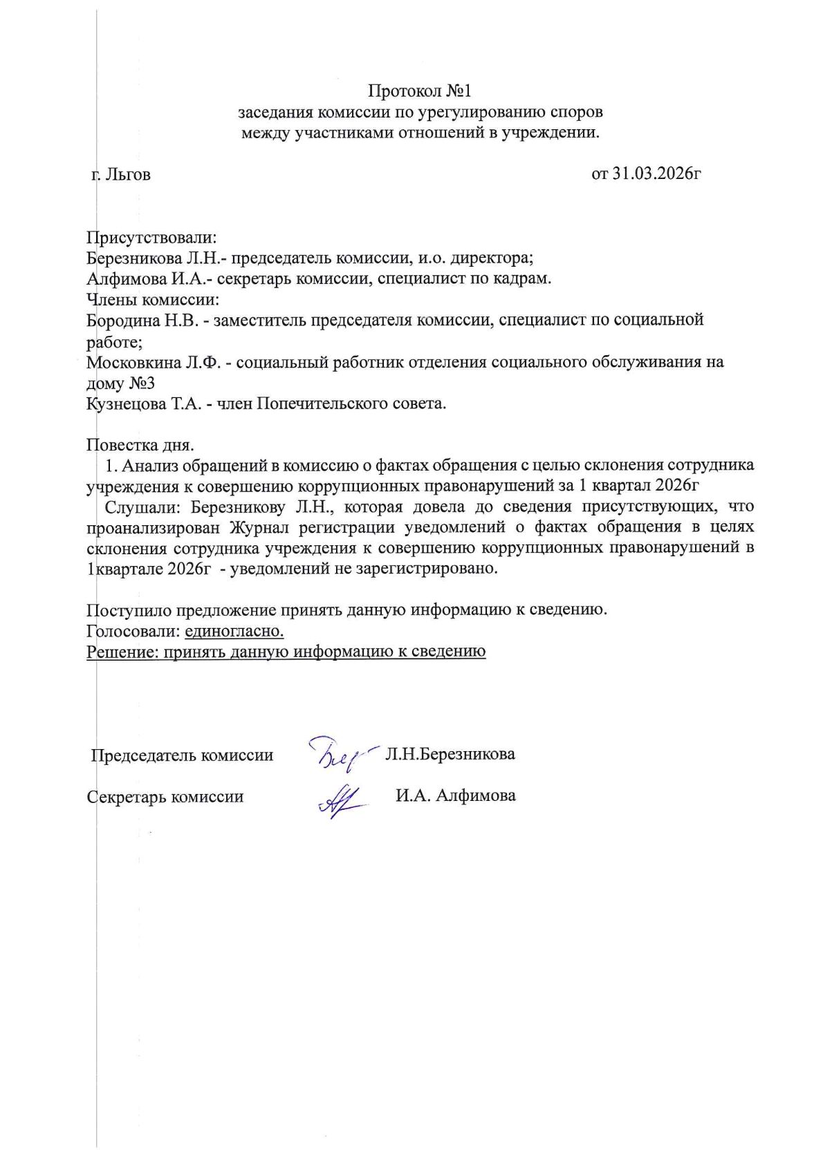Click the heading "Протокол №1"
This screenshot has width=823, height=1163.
pyautogui.click(x=419, y=91)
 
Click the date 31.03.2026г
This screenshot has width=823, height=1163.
pyautogui.click(x=656, y=173)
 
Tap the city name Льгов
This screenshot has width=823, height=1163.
pyautogui.click(x=128, y=174)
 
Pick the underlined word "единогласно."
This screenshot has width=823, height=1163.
pyautogui.click(x=234, y=630)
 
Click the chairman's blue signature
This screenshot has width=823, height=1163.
pyautogui.click(x=341, y=753)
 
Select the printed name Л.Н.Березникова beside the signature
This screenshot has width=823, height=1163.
pyautogui.click(x=450, y=753)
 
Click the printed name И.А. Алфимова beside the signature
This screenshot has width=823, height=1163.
pyautogui.click(x=456, y=795)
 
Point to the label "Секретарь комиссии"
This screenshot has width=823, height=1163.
pyautogui.click(x=165, y=796)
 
